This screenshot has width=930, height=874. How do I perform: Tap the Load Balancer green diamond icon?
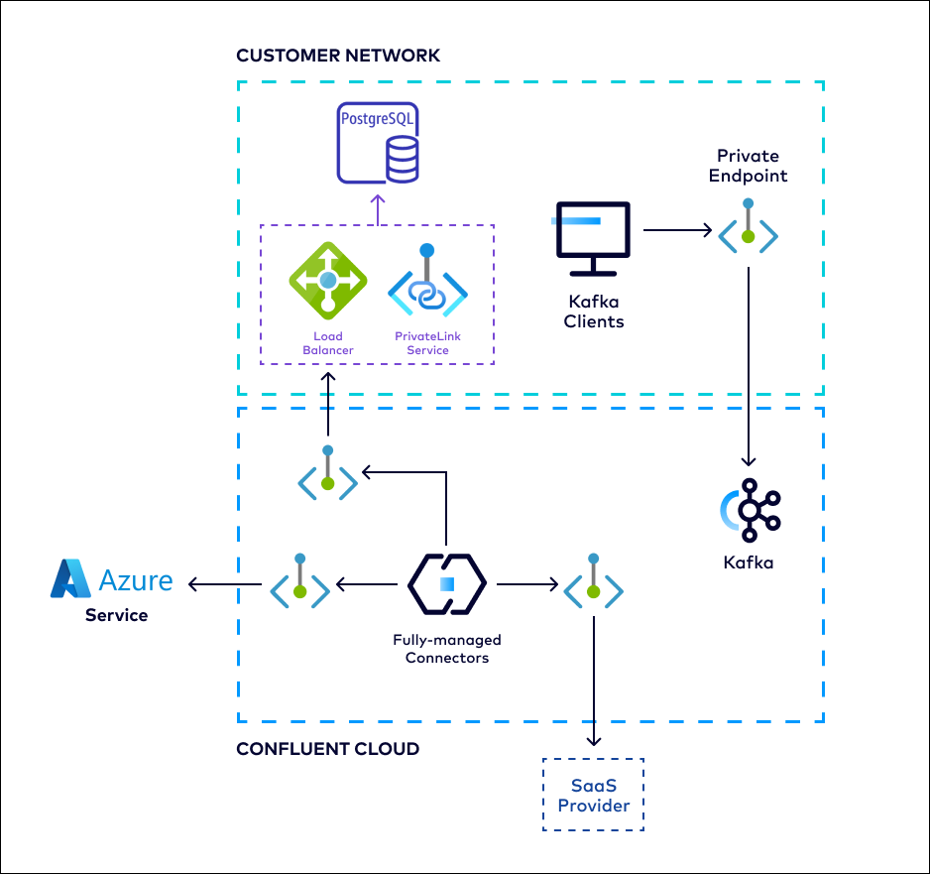[327, 281]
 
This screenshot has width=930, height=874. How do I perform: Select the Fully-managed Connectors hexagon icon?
[446, 584]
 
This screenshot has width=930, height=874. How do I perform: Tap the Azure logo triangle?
[70, 579]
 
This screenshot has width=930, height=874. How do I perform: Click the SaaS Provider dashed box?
[593, 795]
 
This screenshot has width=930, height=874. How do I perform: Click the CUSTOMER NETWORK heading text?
[338, 56]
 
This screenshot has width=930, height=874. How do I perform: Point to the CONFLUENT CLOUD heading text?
[327, 749]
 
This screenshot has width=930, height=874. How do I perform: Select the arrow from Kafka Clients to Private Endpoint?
[677, 231]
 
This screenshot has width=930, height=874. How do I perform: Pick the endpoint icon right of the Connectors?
[593, 585]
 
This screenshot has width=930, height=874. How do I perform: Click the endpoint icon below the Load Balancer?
[328, 476]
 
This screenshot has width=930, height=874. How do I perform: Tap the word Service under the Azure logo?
[116, 615]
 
